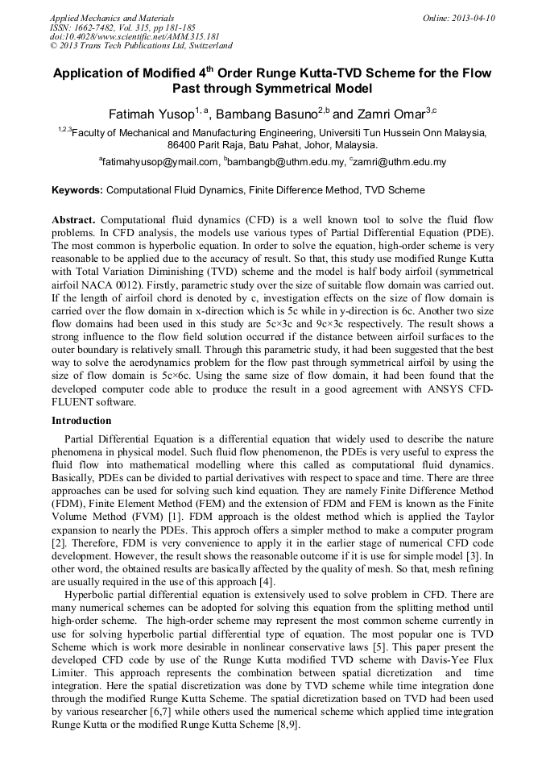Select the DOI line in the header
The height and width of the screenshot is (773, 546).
134,36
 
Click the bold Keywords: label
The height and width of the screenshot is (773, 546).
77,191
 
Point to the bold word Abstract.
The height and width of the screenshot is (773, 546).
74,219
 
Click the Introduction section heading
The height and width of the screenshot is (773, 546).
81,421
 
